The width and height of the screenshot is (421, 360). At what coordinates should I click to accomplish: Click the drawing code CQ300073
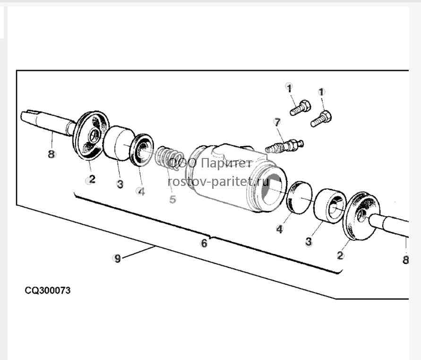[48, 290]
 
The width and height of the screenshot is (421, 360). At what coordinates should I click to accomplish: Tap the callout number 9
[118, 259]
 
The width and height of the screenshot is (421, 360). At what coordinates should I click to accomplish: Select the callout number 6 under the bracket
[204, 243]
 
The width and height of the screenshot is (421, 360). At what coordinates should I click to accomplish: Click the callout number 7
[277, 123]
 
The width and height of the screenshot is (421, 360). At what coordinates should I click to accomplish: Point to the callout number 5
[172, 199]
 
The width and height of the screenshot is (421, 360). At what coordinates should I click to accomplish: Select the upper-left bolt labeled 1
[300, 108]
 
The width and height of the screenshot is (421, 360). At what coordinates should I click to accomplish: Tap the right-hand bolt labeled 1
[321, 119]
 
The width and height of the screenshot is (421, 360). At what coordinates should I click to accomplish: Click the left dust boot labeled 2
[91, 136]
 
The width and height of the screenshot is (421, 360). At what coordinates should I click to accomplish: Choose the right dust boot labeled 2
[362, 216]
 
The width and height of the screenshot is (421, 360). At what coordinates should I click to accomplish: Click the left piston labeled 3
[118, 143]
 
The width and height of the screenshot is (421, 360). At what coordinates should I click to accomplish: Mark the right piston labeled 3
[329, 206]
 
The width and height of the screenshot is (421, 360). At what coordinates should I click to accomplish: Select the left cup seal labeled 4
[141, 150]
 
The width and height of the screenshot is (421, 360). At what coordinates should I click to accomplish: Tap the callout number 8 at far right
[405, 260]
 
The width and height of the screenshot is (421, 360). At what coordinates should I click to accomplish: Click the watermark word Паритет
[227, 163]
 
